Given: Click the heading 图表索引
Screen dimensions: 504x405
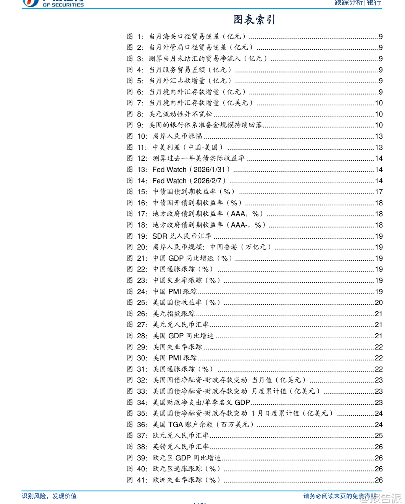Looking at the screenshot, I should click(254, 19).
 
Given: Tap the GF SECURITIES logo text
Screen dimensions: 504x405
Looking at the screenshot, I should click(63, 5).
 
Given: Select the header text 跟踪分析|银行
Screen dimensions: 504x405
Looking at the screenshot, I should click(358, 3).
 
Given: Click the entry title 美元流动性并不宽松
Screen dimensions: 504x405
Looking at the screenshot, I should click(180, 114).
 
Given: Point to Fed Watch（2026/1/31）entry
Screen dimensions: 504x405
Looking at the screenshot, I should click(191, 170).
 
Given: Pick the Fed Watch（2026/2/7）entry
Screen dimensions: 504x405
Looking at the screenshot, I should click(189, 181).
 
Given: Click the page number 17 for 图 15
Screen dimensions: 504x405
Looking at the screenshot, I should click(379, 192).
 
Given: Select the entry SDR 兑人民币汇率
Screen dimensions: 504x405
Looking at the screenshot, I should click(182, 236).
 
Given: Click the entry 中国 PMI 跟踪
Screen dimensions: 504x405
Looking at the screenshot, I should click(175, 291).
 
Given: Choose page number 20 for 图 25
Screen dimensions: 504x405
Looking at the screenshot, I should click(379, 302).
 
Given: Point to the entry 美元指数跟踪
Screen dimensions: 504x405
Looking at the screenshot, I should click(174, 313).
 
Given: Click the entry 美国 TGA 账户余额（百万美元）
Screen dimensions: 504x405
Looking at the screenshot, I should click(203, 424).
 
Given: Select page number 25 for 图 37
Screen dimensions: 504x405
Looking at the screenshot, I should click(379, 435).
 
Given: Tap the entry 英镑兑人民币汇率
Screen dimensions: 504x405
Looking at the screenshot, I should click(181, 446).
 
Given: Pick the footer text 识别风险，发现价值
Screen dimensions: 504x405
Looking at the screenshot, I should click(49, 496).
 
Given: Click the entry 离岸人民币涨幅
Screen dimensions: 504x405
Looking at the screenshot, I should click(177, 136).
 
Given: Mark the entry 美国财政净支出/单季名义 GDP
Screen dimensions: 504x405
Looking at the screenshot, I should click(201, 402).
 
